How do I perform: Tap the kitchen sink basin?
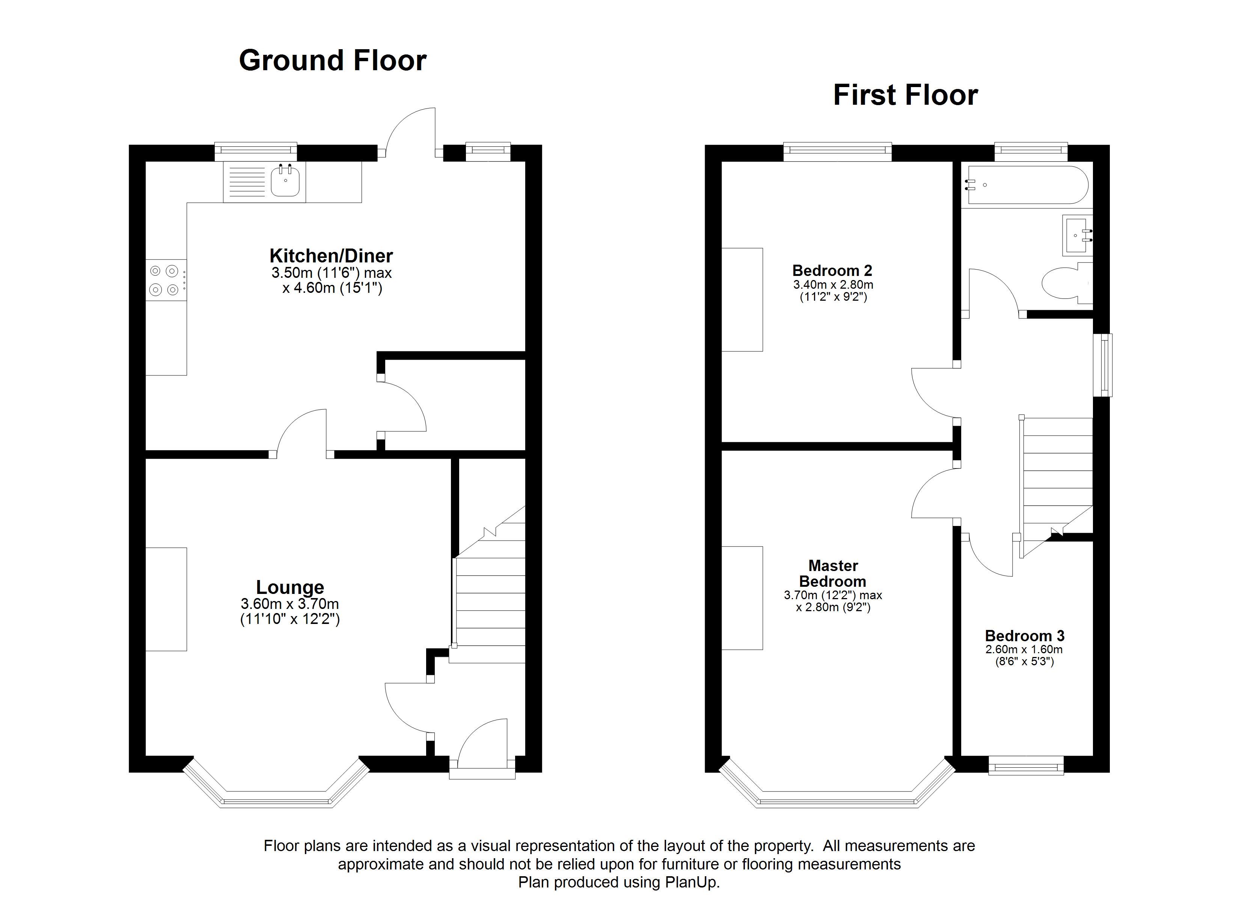tap(285, 181)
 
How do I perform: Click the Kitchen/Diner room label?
tap(331, 256)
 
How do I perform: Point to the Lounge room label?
tap(290, 588)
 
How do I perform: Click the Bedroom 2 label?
tap(832, 270)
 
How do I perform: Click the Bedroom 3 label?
tap(1024, 636)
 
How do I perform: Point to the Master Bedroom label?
tap(832, 573)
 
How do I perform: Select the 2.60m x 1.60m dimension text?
tap(1024, 650)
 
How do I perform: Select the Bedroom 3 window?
tap(1026, 765)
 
